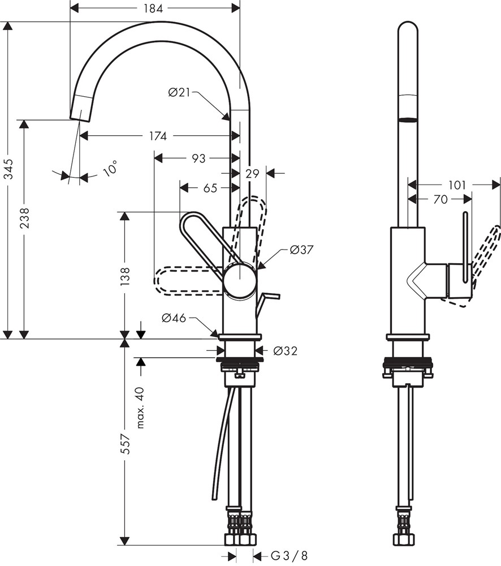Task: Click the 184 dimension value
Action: [153, 8]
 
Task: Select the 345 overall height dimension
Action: [8, 169]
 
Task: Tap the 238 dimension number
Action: [24, 218]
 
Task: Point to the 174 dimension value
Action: [158, 136]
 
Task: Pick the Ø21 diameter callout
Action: [179, 93]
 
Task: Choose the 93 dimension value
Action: [198, 158]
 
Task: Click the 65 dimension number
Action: [210, 188]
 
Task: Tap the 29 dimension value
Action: [252, 174]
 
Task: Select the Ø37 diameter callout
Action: [302, 250]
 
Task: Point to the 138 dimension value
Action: [125, 277]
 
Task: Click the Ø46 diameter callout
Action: [174, 318]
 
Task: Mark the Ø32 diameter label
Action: [286, 350]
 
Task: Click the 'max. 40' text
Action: [141, 408]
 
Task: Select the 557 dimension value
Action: [125, 444]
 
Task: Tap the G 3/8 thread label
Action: [289, 555]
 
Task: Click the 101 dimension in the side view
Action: [457, 185]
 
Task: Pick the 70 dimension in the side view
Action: [440, 199]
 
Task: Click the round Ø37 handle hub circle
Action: [240, 281]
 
